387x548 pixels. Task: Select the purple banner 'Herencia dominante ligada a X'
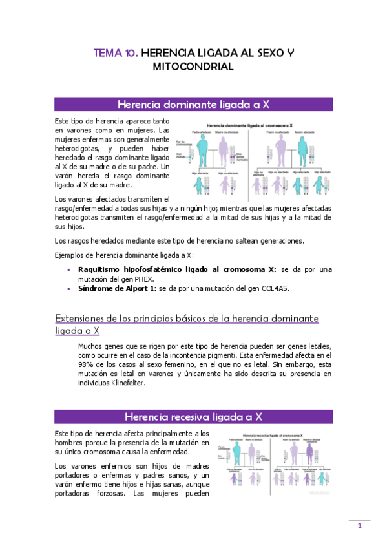[x=193, y=105]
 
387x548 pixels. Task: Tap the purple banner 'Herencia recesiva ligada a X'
[x=193, y=416]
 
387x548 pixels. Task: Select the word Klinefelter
[x=127, y=382]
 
